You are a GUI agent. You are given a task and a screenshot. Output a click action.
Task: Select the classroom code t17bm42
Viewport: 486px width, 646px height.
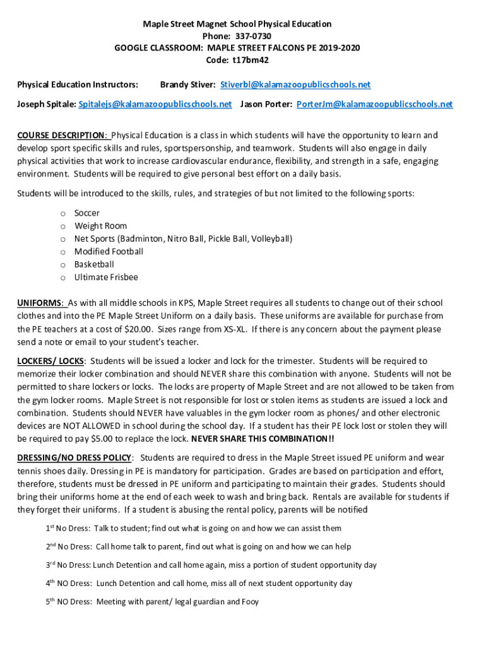click(x=252, y=61)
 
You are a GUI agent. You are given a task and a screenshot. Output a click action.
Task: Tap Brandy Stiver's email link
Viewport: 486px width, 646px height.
click(x=295, y=85)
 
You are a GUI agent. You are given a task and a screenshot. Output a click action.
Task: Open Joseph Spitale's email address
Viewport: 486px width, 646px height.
click(x=155, y=103)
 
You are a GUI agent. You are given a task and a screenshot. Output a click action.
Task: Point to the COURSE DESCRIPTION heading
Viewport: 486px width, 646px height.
click(x=62, y=136)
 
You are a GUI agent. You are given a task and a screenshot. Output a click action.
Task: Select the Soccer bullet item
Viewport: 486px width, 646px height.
click(x=87, y=213)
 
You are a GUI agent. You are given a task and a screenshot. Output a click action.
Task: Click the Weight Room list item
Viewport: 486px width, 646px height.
click(x=100, y=226)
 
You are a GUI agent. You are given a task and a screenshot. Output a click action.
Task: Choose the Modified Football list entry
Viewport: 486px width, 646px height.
click(x=109, y=252)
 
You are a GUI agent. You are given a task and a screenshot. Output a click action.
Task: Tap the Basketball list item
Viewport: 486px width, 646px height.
click(x=94, y=264)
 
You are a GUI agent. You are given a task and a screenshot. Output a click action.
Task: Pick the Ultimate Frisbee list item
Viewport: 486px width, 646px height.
click(x=106, y=278)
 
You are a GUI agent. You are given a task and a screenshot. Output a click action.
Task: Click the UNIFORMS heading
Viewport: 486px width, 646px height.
click(x=40, y=303)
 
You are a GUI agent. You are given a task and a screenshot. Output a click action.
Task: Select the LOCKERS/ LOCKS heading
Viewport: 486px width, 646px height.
click(x=50, y=361)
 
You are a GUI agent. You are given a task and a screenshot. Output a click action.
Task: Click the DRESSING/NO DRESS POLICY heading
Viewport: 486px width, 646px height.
click(x=74, y=457)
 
